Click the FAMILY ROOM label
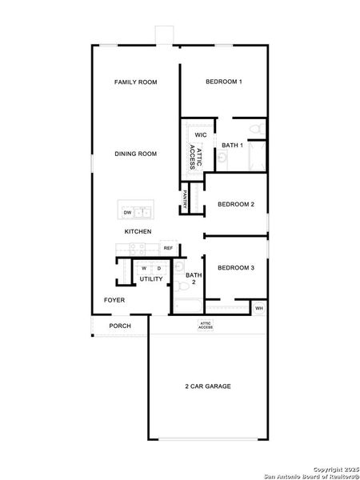coord(135,82)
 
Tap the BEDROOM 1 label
coord(224,82)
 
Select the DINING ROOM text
coord(135,154)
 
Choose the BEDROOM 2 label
coord(236,204)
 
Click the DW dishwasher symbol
coord(127,213)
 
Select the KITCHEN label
coord(138,231)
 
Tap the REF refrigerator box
coord(168,248)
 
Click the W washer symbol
coord(145,268)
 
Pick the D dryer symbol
coord(159,268)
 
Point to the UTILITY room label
coord(151,279)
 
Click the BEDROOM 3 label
coord(236,267)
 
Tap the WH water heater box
coord(258,308)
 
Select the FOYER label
coord(114,300)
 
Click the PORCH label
coord(120,326)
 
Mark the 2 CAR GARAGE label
coord(208,386)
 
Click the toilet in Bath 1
coord(256,129)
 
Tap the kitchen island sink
coord(143,212)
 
